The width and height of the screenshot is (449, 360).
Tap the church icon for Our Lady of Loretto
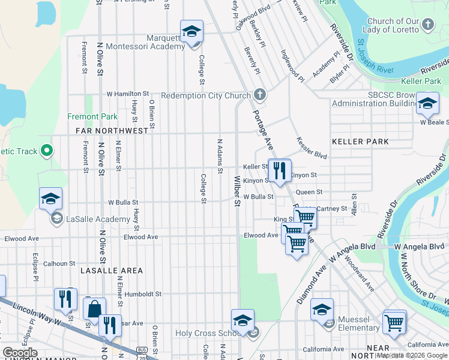pyautogui.click(x=427, y=24)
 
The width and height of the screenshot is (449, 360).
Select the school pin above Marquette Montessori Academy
pyautogui.click(x=191, y=31)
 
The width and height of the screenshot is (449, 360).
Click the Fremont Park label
pyautogui.click(x=92, y=116)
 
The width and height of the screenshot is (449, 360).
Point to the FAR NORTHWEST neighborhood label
pyautogui.click(x=112, y=130)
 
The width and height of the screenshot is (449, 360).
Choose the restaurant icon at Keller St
pyautogui.click(x=279, y=171)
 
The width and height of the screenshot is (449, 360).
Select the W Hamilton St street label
pyautogui.click(x=128, y=94)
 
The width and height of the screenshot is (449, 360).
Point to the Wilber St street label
pyautogui.click(x=237, y=191)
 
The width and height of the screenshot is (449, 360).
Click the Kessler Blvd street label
pyautogui.click(x=312, y=148)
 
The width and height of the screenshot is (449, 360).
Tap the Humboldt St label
pyautogui.click(x=142, y=294)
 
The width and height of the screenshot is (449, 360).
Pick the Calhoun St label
pyautogui.click(x=59, y=263)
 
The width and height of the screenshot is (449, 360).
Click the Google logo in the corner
pyautogui.click(x=21, y=353)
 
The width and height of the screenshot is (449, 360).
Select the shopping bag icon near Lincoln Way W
pyautogui.click(x=95, y=310)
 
